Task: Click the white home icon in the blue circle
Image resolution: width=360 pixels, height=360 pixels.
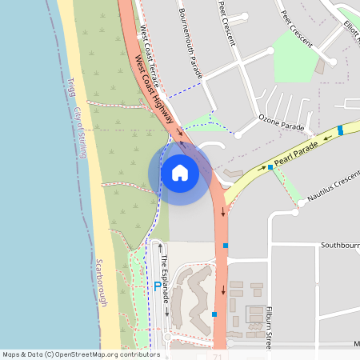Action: pyautogui.click(x=180, y=173)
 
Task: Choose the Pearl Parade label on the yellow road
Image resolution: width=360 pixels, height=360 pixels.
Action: pyautogui.click(x=296, y=154)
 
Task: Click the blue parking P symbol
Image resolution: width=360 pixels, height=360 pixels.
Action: pyautogui.click(x=157, y=286)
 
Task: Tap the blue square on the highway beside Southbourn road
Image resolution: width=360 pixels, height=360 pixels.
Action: pyautogui.click(x=226, y=245)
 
